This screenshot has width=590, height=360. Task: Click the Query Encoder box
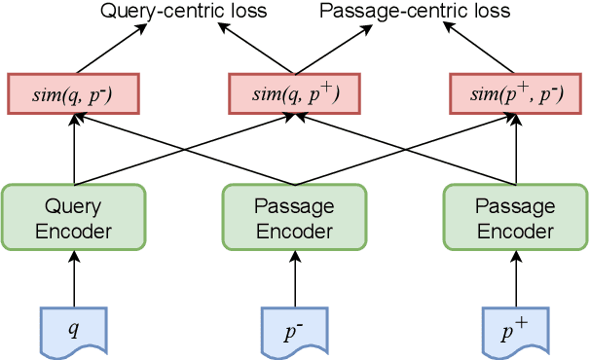pyautogui.click(x=74, y=219)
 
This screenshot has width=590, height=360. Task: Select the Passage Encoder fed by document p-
pyautogui.click(x=294, y=219)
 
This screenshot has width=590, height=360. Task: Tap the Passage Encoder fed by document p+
pyautogui.click(x=514, y=219)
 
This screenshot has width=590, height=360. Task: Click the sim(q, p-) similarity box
pyautogui.click(x=74, y=93)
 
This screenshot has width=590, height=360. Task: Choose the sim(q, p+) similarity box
pyautogui.click(x=294, y=93)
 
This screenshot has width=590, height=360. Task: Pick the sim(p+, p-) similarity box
pyautogui.click(x=514, y=93)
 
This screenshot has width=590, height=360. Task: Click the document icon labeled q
pyautogui.click(x=74, y=329)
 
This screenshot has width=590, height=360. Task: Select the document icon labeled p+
pyautogui.click(x=514, y=329)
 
